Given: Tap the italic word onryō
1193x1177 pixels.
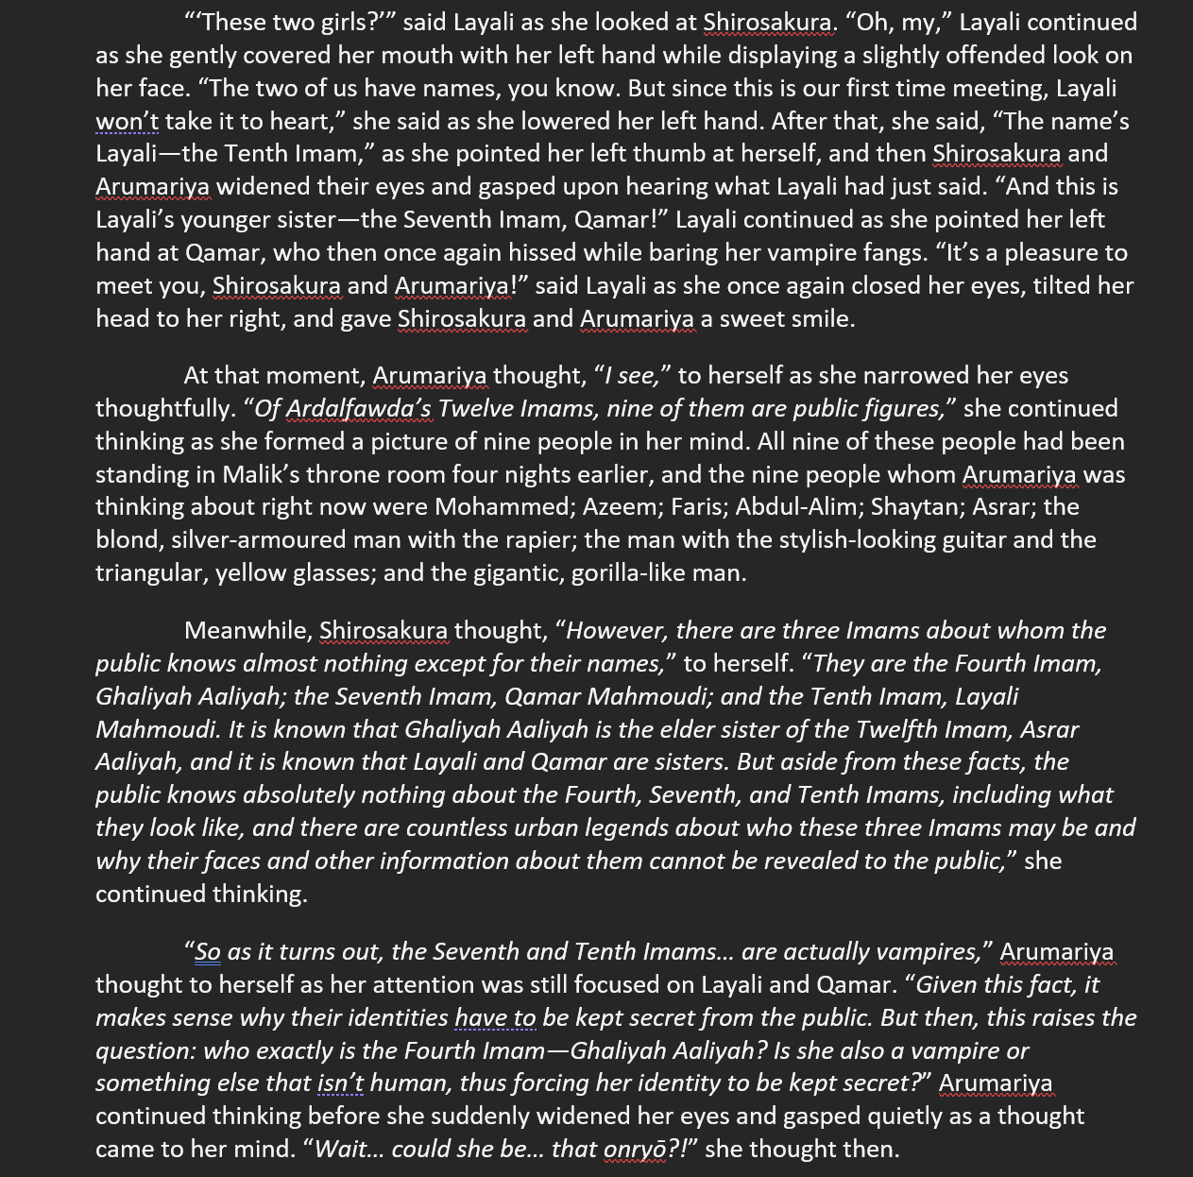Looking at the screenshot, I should [635, 1150].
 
